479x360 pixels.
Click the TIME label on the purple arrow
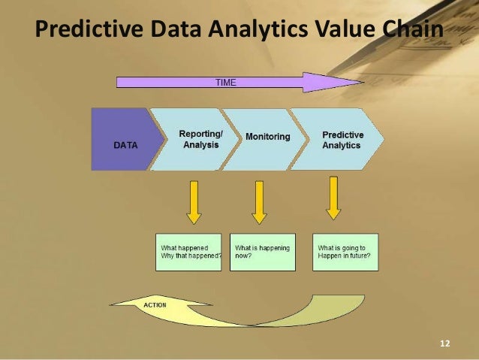[225, 82]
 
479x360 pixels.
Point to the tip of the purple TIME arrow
[362, 82]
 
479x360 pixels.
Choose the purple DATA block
[125, 140]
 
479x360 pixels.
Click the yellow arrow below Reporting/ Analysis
[194, 201]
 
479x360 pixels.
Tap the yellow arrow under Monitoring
[259, 201]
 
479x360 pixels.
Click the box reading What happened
[190, 252]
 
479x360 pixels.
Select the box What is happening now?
[262, 252]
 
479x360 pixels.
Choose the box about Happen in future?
[345, 252]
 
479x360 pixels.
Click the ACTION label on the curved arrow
[154, 304]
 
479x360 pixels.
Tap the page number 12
[444, 343]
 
